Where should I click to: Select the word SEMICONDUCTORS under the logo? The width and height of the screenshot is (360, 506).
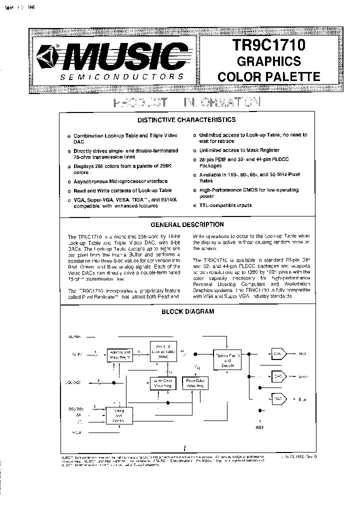121,77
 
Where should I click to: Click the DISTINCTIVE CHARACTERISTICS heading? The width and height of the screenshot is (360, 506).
186,120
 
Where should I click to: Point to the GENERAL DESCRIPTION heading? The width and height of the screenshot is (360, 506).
187,224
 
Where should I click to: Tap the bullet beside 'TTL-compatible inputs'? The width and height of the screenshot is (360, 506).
194,205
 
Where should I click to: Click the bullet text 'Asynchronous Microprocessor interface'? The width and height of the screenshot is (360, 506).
120,181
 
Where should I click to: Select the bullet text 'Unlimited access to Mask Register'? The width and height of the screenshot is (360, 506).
239,150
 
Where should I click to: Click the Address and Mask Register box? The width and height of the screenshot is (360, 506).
120,355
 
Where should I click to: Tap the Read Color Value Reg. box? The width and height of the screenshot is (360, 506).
196,383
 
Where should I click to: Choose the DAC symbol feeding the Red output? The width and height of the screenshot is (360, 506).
278,353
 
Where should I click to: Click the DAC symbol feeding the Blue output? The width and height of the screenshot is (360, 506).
278,399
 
